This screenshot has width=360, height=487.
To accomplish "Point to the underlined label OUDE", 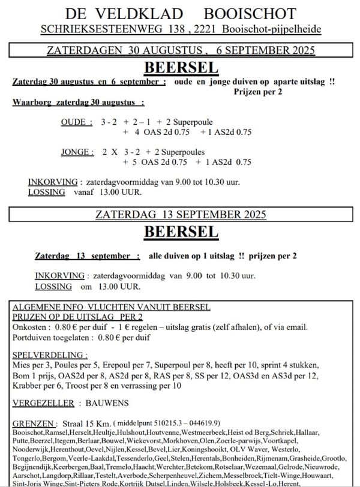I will pyautogui.click(x=77, y=122).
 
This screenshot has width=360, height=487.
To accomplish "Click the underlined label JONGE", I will pyautogui.click(x=77, y=152).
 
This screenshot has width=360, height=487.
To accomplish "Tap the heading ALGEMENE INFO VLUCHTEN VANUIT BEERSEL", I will pyautogui.click(x=112, y=307).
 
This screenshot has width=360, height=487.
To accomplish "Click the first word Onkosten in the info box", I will pyautogui.click(x=29, y=327).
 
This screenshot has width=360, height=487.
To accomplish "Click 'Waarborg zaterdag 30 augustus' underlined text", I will pyautogui.click(x=78, y=103).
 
